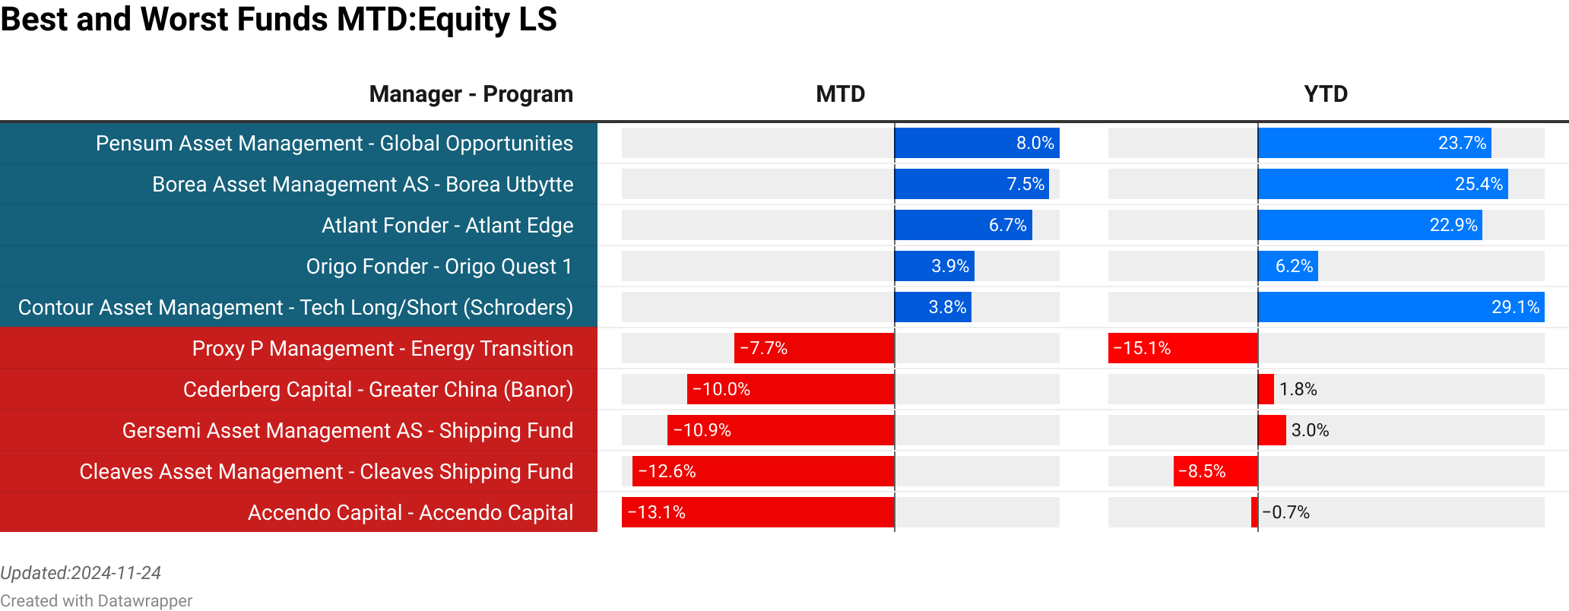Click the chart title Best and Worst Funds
pyautogui.click(x=278, y=19)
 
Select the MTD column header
pyautogui.click(x=840, y=94)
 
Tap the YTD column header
pyautogui.click(x=1326, y=94)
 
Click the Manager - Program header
pyautogui.click(x=471, y=94)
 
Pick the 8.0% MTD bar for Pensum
pyautogui.click(x=977, y=143)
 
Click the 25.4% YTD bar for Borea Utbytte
pyautogui.click(x=1383, y=184)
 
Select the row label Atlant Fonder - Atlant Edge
pyautogui.click(x=447, y=226)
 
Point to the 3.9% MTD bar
pyautogui.click(x=934, y=266)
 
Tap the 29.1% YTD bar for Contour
pyautogui.click(x=1401, y=307)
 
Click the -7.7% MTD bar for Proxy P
pyautogui.click(x=814, y=348)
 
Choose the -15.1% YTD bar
pyautogui.click(x=1183, y=348)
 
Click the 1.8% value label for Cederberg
pyautogui.click(x=1298, y=389)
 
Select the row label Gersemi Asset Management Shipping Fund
pyautogui.click(x=347, y=431)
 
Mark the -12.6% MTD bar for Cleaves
pyautogui.click(x=763, y=471)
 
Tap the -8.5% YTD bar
pyautogui.click(x=1216, y=471)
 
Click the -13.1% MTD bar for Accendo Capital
pyautogui.click(x=758, y=512)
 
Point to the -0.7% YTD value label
pyautogui.click(x=1285, y=512)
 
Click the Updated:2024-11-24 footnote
pyautogui.click(x=81, y=573)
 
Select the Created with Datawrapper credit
pyautogui.click(x=96, y=601)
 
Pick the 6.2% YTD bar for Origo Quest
pyautogui.click(x=1288, y=266)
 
